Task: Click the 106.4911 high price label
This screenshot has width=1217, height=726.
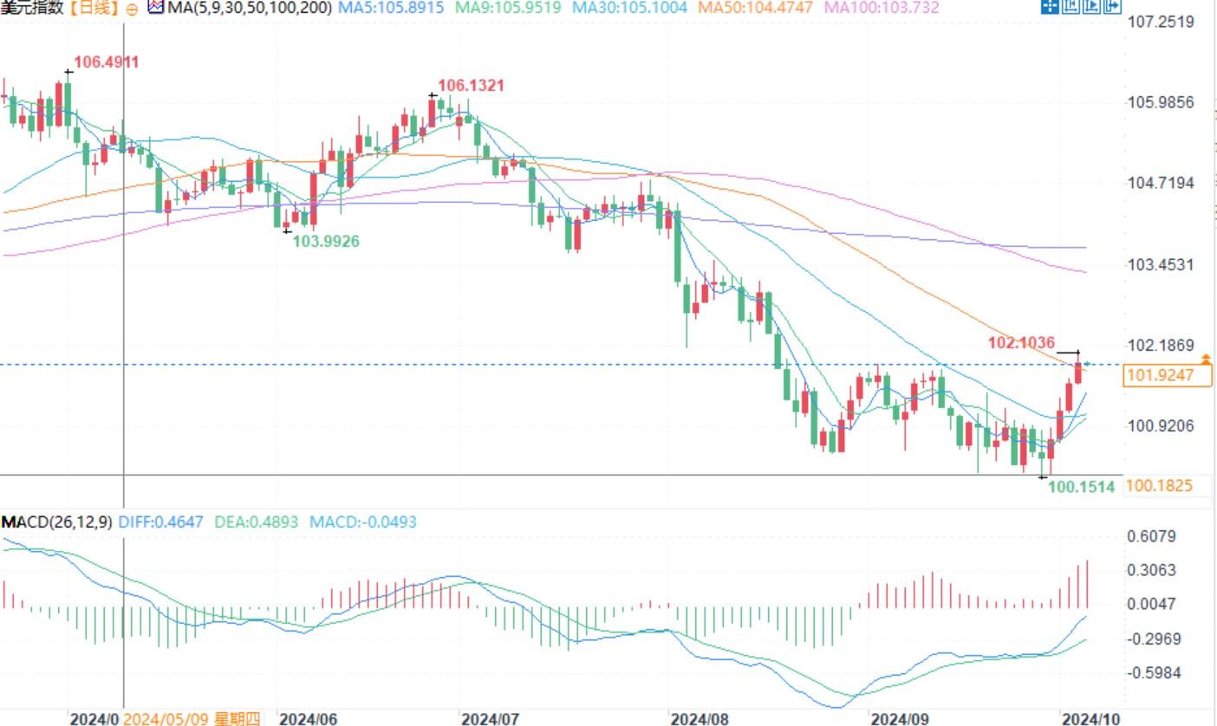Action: [106, 62]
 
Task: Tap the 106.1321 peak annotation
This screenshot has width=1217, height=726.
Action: [471, 86]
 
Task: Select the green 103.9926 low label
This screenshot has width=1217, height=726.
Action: [325, 241]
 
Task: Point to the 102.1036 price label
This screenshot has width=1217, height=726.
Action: [1021, 343]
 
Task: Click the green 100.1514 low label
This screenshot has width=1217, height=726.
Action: [1081, 487]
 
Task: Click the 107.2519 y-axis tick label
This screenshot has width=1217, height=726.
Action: [1162, 22]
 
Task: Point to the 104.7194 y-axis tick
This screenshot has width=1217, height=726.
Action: [1162, 183]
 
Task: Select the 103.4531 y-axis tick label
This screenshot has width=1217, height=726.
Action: [1162, 264]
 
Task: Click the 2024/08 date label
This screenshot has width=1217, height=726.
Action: [700, 718]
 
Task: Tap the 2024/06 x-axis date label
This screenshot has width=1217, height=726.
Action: [308, 718]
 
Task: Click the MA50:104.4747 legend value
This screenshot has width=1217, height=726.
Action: [755, 8]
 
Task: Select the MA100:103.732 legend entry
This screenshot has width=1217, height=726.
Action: [881, 8]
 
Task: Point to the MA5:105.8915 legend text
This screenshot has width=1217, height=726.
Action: [390, 8]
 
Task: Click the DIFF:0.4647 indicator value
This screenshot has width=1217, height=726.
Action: [160, 522]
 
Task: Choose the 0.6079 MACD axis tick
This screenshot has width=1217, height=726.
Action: [1151, 536]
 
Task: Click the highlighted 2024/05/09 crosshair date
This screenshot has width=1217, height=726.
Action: [191, 718]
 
